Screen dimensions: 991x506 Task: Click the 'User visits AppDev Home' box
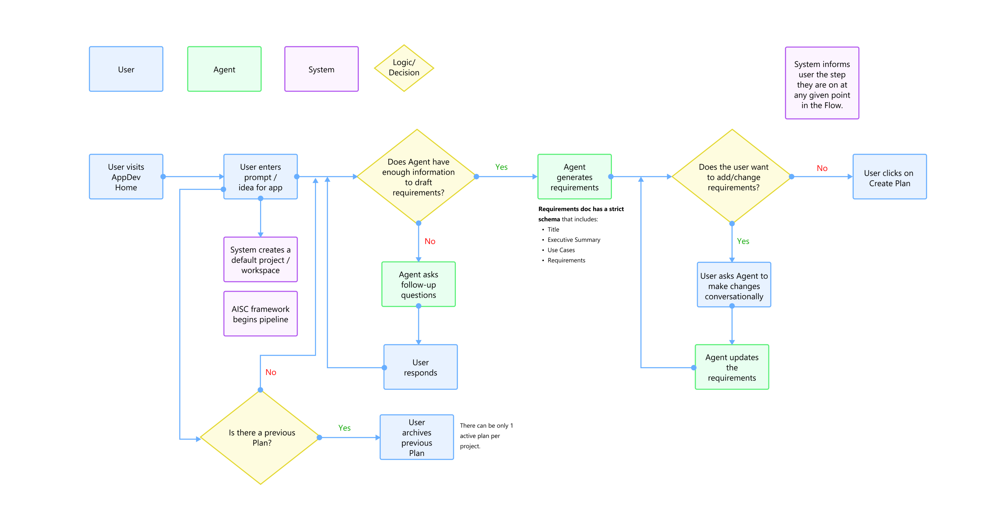pyautogui.click(x=126, y=177)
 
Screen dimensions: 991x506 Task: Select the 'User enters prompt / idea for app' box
pyautogui.click(x=260, y=177)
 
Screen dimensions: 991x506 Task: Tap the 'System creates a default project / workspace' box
pyautogui.click(x=260, y=260)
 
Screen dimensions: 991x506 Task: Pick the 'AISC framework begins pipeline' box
pyautogui.click(x=260, y=314)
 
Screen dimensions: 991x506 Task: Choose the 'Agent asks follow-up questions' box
pyautogui.click(x=419, y=285)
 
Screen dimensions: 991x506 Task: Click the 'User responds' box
pyautogui.click(x=420, y=367)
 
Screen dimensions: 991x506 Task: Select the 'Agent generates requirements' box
pyautogui.click(x=574, y=177)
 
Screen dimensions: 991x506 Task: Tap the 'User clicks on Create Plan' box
pyautogui.click(x=889, y=177)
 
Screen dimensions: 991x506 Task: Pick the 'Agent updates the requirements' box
pyautogui.click(x=732, y=367)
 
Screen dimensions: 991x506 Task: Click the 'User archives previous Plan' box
pyautogui.click(x=417, y=437)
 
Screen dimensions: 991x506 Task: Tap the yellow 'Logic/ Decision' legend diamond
pyautogui.click(x=404, y=68)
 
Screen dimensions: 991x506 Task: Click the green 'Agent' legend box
pyautogui.click(x=224, y=69)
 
